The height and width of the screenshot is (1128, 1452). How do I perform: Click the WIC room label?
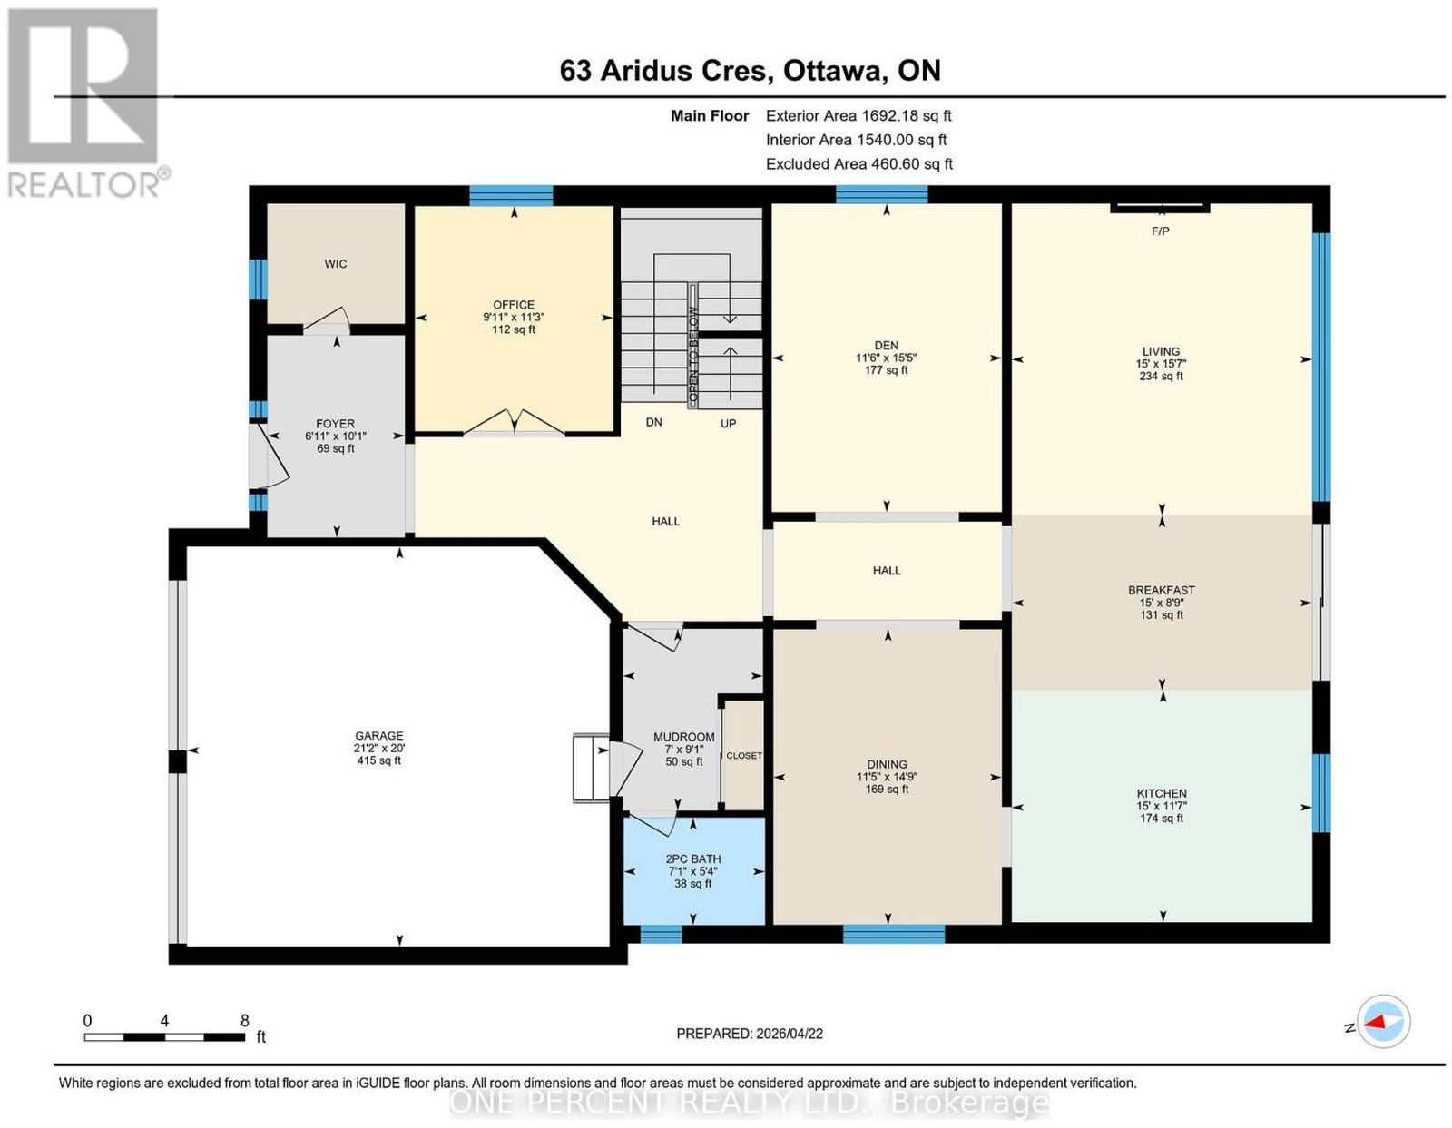[x=336, y=264]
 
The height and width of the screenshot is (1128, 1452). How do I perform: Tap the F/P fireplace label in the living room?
[x=1160, y=231]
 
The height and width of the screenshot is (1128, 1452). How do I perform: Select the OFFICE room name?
[x=513, y=305]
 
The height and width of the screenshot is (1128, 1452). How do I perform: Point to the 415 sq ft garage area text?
[x=378, y=760]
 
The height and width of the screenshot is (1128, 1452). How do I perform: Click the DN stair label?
[x=653, y=422]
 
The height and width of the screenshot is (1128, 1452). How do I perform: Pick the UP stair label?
[x=728, y=424]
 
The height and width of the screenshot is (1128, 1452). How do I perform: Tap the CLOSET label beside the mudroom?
[x=744, y=755]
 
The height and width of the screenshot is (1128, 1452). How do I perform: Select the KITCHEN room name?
[x=1162, y=793]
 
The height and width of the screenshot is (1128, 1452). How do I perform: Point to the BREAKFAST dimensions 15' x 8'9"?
[x=1162, y=603]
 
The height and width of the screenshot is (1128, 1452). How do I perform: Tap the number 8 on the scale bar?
[x=244, y=1021]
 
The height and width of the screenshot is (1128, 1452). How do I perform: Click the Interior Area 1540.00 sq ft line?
[x=856, y=140]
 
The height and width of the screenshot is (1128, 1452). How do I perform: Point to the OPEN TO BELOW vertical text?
[x=693, y=356]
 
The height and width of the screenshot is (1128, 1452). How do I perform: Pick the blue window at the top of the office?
[x=511, y=195]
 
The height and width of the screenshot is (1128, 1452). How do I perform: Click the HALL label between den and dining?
[x=886, y=570]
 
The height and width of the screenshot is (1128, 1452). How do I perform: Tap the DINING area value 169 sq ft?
[x=887, y=789]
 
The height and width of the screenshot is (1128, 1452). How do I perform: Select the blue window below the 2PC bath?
[x=661, y=934]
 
